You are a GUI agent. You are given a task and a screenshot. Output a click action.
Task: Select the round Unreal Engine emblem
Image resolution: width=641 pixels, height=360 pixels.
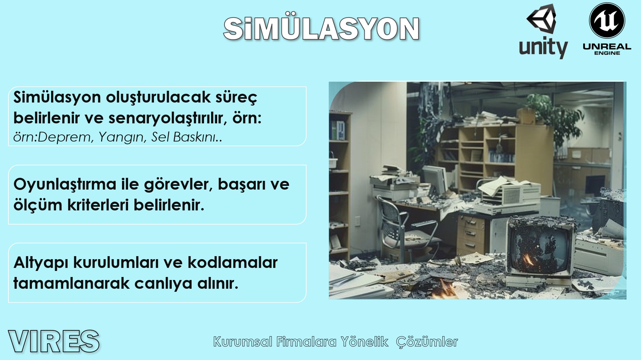tap(607, 21)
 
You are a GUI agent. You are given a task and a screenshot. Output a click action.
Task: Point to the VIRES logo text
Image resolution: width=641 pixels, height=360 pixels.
tap(54, 342)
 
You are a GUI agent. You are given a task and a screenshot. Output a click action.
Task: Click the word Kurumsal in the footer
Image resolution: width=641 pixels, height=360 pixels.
tap(243, 342)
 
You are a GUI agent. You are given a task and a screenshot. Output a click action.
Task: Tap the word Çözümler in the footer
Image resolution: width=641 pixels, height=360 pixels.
tap(427, 342)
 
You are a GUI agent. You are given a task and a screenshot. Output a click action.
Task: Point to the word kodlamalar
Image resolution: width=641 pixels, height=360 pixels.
tap(233, 262)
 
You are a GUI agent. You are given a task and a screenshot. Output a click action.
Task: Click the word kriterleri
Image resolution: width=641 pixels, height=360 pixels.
tap(98, 205)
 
